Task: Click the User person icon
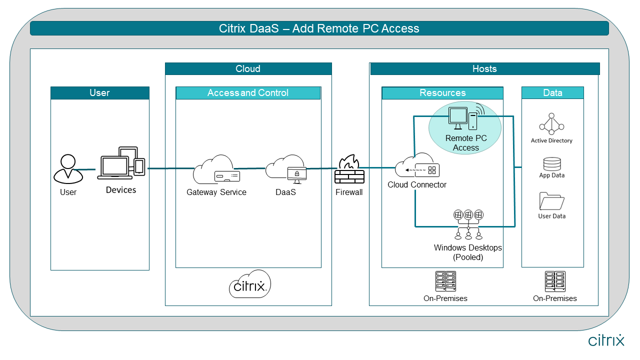68,169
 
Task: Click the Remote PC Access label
465,143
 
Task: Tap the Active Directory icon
551,124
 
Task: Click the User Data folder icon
552,201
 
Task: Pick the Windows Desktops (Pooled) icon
468,224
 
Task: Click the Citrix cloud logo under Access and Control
250,284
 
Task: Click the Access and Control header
248,93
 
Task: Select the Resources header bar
442,93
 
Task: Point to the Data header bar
552,93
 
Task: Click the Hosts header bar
484,69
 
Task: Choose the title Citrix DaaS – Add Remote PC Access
319,28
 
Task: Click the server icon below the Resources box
445,281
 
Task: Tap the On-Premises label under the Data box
554,298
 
